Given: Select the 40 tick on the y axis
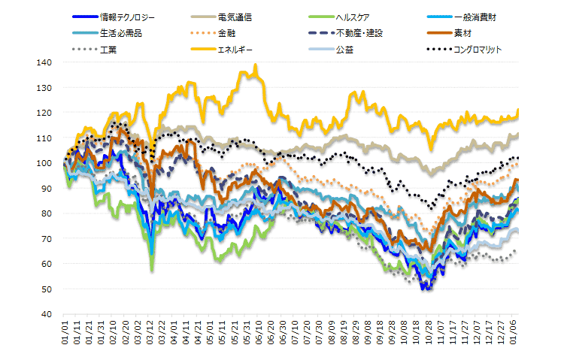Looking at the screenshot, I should (46, 314).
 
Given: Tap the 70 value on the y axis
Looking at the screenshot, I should (46, 238).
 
